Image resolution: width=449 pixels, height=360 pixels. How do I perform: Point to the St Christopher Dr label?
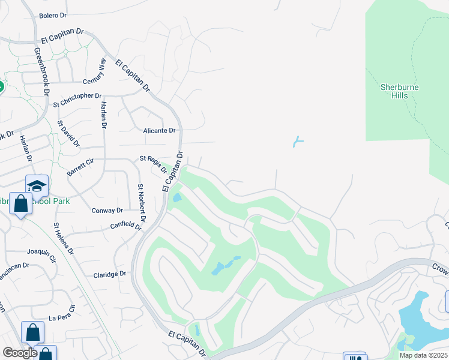tap(77, 100)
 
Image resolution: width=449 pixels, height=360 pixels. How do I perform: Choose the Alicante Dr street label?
tap(159, 130)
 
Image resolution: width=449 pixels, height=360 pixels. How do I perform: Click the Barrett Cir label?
tap(81, 167)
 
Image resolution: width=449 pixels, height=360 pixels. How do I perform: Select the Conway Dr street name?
tap(107, 211)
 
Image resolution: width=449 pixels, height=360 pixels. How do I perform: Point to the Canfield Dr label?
tap(126, 226)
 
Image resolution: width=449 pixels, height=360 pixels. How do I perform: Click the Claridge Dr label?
tap(110, 274)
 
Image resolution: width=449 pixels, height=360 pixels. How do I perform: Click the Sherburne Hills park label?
tap(400, 91)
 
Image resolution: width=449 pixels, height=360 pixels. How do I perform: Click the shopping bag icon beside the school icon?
tap(20, 204)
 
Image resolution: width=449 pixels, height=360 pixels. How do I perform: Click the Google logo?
tap(20, 353)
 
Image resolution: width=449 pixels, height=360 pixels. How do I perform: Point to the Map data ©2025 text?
tap(424, 355)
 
